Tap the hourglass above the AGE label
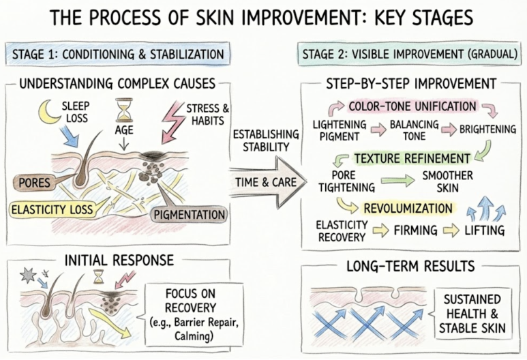pyautogui.click(x=124, y=110)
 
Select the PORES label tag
pyautogui.click(x=34, y=183)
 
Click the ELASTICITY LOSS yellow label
pyautogui.click(x=52, y=210)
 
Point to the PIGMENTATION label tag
pyautogui.click(x=190, y=215)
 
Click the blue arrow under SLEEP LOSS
pyautogui.click(x=70, y=136)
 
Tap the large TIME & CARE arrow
pyautogui.click(x=267, y=182)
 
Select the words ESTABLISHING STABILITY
pyautogui.click(x=266, y=141)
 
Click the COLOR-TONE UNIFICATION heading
pyautogui.click(x=412, y=106)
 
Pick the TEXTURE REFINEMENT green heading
pyautogui.click(x=412, y=158)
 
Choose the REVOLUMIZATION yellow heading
pyautogui.click(x=408, y=209)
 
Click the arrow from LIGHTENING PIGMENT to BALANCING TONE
pyautogui.click(x=378, y=130)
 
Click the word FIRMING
pyautogui.click(x=415, y=230)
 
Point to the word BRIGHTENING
pyautogui.click(x=487, y=130)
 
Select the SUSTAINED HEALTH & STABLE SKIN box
pyautogui.click(x=473, y=314)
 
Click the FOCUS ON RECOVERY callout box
pyautogui.click(x=194, y=314)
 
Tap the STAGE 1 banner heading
pyautogui.click(x=118, y=54)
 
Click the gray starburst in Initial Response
pyautogui.click(x=28, y=275)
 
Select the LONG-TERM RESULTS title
pyautogui.click(x=410, y=266)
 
